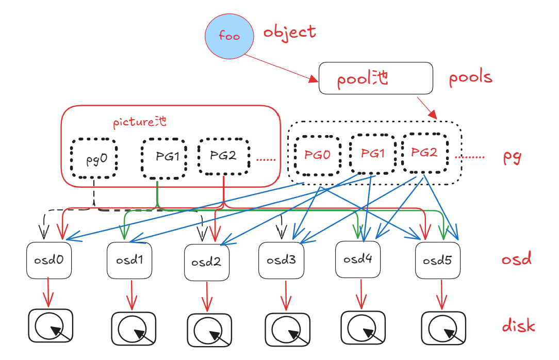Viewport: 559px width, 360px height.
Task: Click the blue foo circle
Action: (x=229, y=36)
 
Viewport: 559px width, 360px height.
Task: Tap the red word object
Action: (x=289, y=32)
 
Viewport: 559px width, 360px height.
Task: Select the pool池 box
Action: (x=376, y=78)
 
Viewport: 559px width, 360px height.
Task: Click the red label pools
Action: (x=470, y=78)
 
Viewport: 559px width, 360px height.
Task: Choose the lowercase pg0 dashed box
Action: (x=94, y=157)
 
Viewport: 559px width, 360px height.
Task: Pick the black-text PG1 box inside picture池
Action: (x=163, y=156)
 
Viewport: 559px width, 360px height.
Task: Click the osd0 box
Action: (x=48, y=260)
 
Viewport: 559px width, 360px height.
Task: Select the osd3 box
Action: (x=281, y=260)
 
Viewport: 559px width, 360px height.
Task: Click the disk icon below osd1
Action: (x=134, y=328)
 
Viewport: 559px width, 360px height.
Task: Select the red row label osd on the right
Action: (x=516, y=259)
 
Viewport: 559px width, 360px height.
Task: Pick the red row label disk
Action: (x=518, y=326)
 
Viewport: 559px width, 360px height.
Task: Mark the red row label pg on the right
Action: (x=512, y=157)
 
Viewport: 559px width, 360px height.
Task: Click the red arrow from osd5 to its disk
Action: (x=441, y=294)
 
